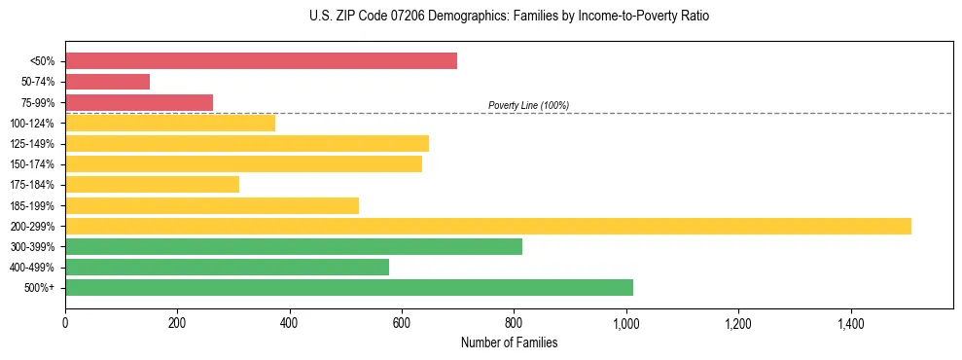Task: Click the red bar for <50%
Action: coord(261,61)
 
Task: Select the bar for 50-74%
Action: coord(107,82)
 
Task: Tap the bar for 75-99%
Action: coord(139,102)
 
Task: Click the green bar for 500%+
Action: coord(349,287)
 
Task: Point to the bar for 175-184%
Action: coord(152,184)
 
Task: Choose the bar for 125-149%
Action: coord(247,143)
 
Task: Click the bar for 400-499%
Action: coord(227,267)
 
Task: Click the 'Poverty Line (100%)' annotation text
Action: coord(528,105)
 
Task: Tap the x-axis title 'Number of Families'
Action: coord(509,343)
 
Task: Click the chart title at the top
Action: coord(509,17)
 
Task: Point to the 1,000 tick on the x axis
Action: coord(626,322)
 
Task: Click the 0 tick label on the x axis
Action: coord(65,322)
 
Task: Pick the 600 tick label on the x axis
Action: coord(402,322)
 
